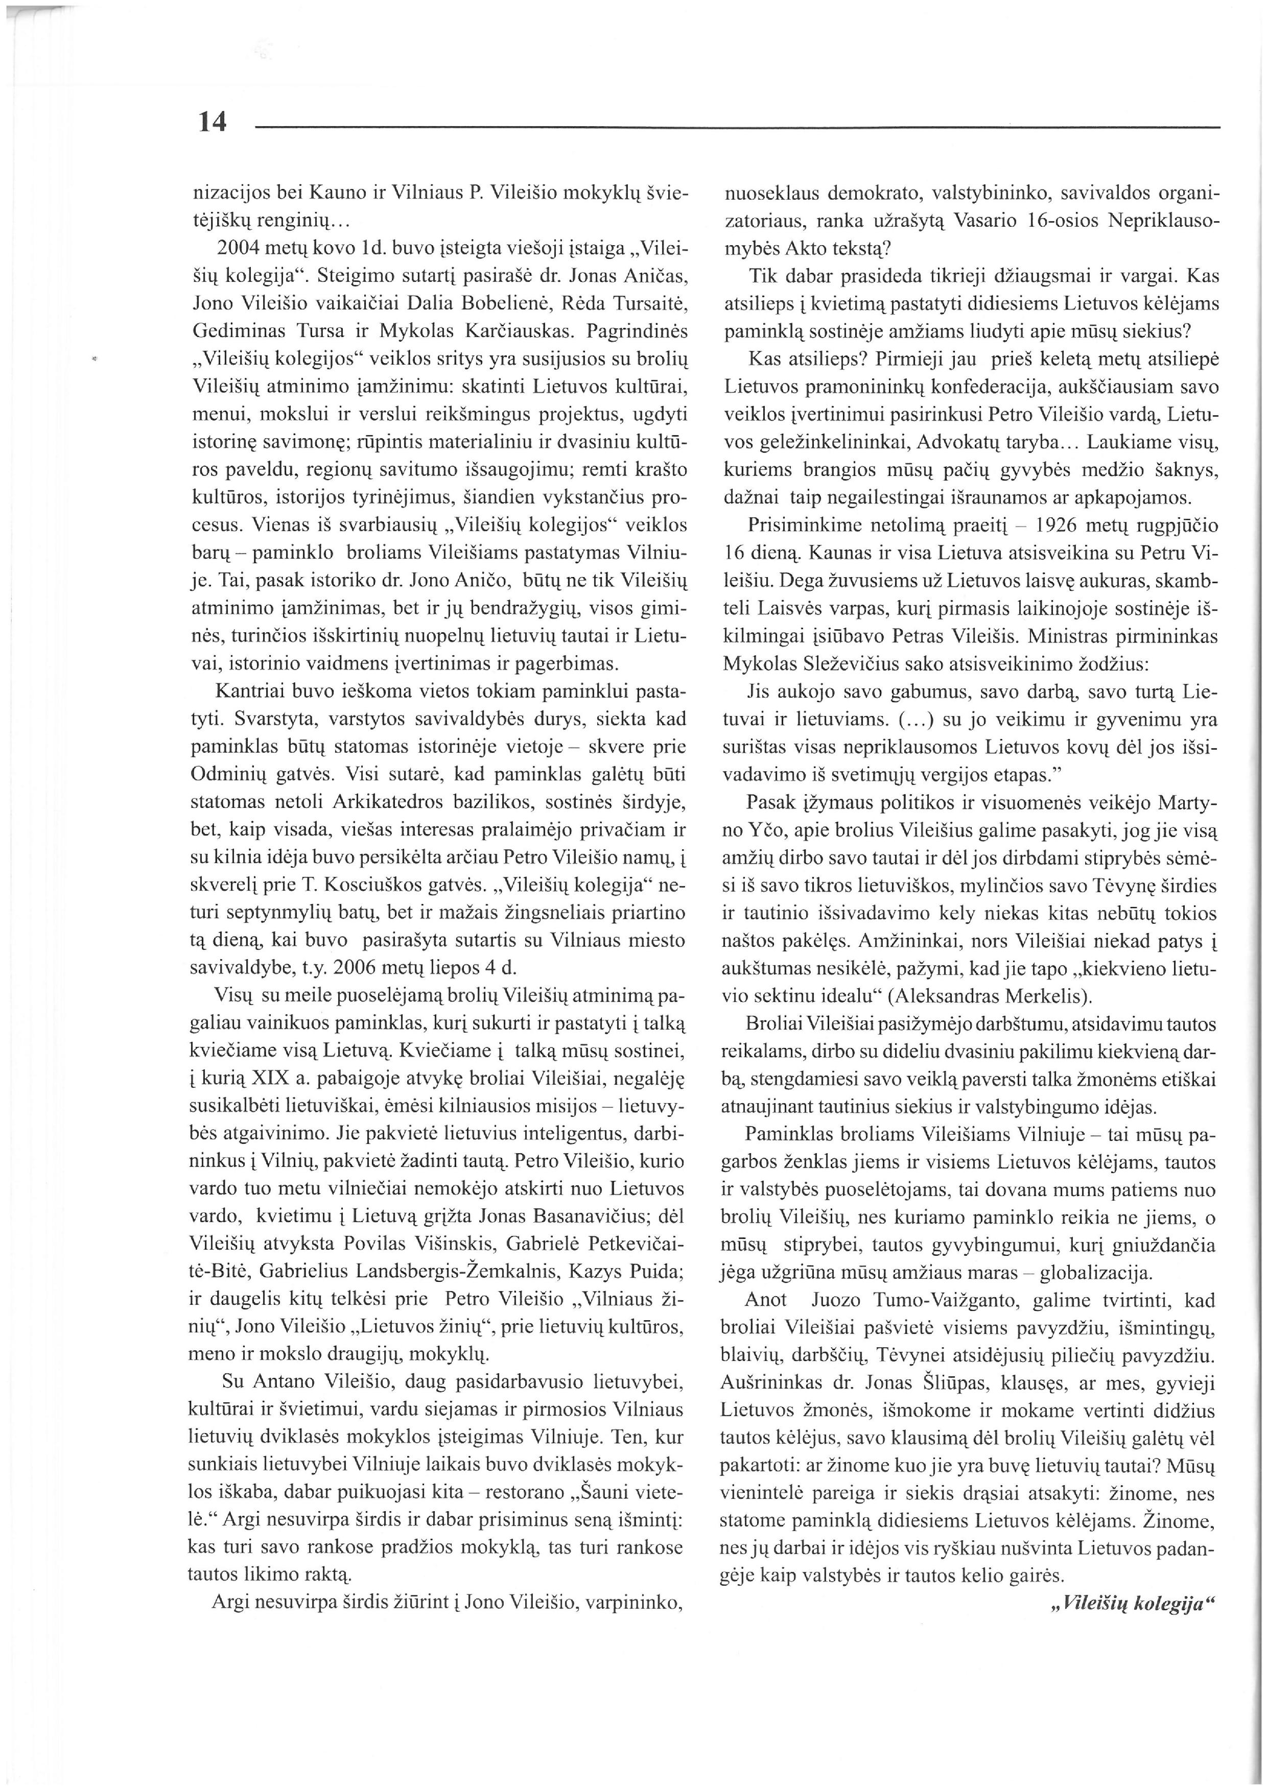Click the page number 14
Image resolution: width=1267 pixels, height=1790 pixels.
pos(212,122)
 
